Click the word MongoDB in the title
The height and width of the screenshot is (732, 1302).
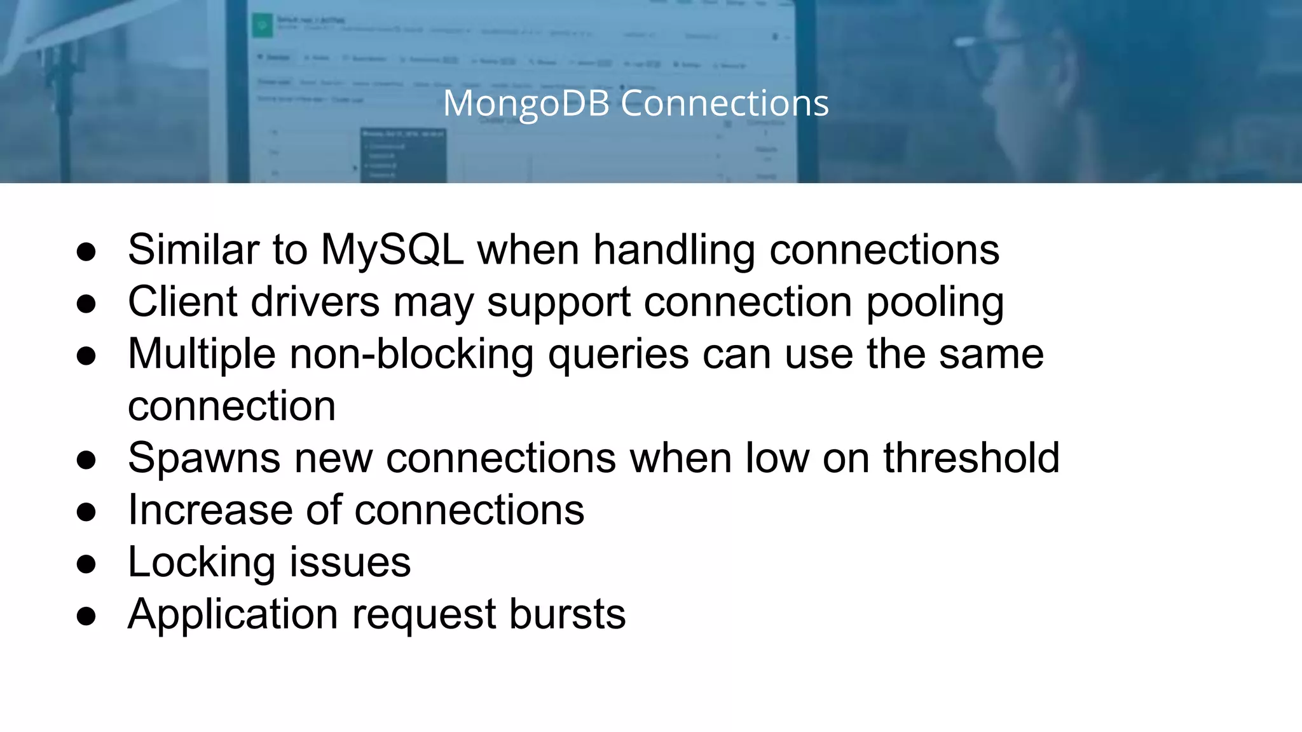click(x=526, y=103)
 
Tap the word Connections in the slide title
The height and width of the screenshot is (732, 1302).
click(x=725, y=103)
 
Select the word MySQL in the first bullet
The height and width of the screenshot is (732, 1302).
click(x=392, y=249)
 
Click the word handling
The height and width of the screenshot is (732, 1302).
click(x=674, y=250)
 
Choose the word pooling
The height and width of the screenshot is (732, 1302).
click(x=935, y=302)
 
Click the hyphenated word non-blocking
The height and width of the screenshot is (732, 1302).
click(x=411, y=354)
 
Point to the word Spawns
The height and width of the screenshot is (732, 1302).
click(x=204, y=458)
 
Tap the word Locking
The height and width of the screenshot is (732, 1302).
click(x=202, y=563)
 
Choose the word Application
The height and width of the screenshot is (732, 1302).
click(x=233, y=615)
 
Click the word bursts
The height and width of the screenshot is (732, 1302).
click(x=567, y=614)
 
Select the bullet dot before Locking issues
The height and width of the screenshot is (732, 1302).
click(x=86, y=564)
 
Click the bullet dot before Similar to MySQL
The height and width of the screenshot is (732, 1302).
click(x=86, y=252)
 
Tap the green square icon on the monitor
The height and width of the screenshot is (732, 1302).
click(x=262, y=26)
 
